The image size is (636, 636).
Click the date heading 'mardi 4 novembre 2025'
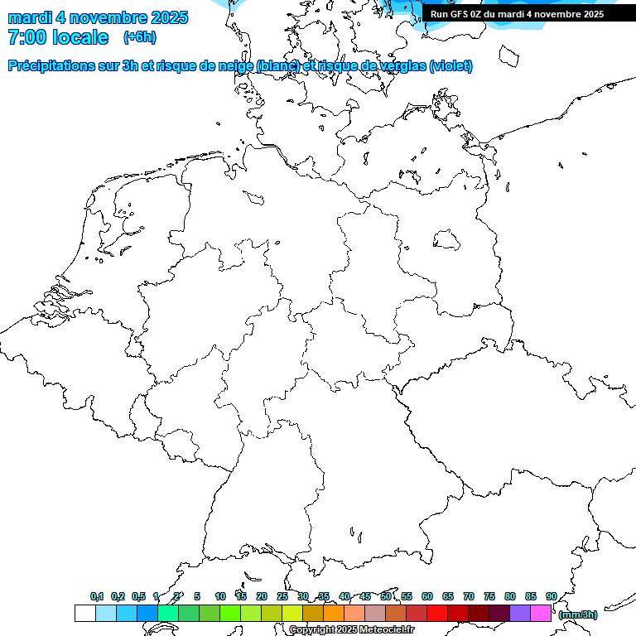pos(98,17)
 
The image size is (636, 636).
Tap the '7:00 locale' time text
pos(58,37)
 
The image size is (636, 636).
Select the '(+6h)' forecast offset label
pos(139,36)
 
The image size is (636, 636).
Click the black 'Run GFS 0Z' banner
pos(517,13)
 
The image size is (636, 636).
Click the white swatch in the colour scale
pos(84,613)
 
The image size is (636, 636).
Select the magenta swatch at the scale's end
pos(541,613)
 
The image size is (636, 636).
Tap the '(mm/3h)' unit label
pos(578,614)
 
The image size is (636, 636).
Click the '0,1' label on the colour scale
pos(97,596)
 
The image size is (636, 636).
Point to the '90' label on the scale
pos(552,596)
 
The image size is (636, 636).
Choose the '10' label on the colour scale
pos(220,596)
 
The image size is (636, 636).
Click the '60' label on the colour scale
pos(427,596)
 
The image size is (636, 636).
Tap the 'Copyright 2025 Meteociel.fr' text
pos(351,629)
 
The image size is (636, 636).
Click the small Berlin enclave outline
pos(447,238)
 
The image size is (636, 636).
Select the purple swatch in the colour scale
pos(520,613)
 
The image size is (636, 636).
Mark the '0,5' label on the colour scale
pos(138,596)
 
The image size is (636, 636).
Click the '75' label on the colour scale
pos(489,596)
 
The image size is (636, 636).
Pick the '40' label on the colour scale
pos(344,596)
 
